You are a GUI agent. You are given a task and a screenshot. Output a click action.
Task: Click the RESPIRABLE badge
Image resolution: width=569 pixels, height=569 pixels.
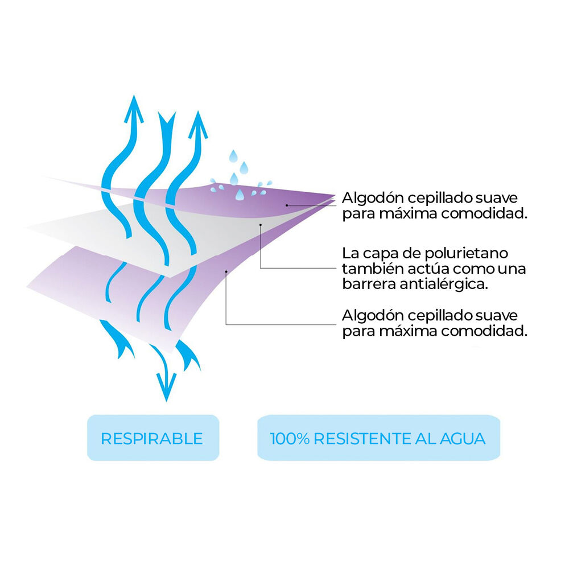point(153,438)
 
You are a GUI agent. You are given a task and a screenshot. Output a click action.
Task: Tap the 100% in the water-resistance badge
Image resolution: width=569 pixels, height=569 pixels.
point(290,439)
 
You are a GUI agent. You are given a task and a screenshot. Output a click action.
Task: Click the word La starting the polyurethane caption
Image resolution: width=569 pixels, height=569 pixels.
point(350,253)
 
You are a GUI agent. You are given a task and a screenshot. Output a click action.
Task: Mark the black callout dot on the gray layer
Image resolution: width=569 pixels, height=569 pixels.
point(261,225)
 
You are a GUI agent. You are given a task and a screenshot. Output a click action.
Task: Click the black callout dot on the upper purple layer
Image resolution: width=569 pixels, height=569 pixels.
point(287,205)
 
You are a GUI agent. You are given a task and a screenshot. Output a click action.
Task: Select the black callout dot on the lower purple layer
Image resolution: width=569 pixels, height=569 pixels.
point(226,271)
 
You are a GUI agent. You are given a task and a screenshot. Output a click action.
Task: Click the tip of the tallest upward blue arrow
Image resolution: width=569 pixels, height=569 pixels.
point(134,95)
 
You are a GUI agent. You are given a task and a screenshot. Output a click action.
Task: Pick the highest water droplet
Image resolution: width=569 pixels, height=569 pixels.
point(233,156)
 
